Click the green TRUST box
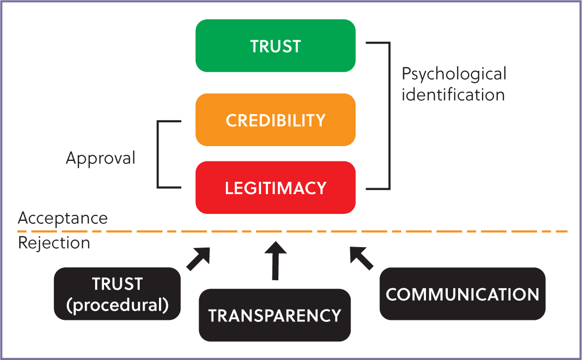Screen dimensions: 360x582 pos(275,46)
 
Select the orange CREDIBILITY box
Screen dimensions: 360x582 pos(275,120)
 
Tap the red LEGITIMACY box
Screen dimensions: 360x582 pos(275,188)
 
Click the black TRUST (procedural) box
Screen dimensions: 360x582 pos(117,294)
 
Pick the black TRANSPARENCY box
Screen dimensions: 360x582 pos(275,315)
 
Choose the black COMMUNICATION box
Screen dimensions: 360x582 pos(462,294)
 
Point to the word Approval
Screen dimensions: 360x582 pos(101,158)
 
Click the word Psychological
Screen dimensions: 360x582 pos(454,74)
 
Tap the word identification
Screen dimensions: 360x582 pos(453,94)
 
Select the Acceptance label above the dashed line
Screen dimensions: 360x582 pos(63,218)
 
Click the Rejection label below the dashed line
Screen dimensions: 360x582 pos(54,243)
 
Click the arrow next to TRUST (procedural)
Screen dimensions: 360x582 pos(199,258)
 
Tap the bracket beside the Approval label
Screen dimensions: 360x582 pos(158,154)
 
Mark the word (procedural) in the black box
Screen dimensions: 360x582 pos(117,305)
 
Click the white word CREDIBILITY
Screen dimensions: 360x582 pos(275,120)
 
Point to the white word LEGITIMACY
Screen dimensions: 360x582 pos(275,188)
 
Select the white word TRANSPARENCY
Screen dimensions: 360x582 pos(275,315)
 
